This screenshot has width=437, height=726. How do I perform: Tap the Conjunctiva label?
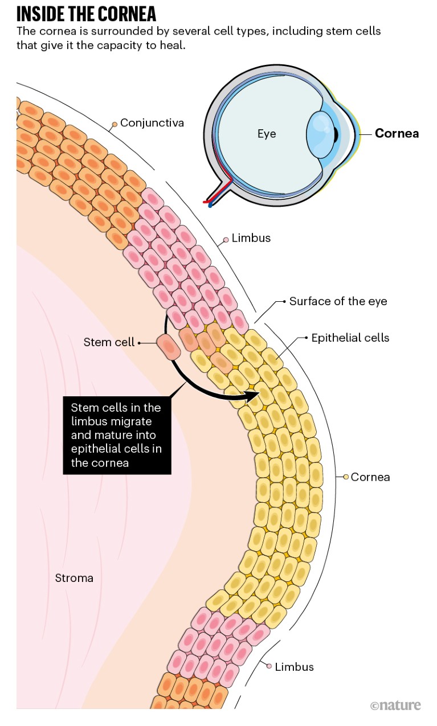(x=152, y=122)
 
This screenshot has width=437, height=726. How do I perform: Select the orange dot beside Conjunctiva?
(x=115, y=124)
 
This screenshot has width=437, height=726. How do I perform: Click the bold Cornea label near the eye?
(x=397, y=133)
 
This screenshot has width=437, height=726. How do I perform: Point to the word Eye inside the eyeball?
(x=266, y=134)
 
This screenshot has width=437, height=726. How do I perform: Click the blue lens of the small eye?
(x=320, y=135)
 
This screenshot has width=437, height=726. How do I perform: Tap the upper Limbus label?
(x=251, y=238)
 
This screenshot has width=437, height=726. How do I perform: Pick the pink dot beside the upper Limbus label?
(x=226, y=240)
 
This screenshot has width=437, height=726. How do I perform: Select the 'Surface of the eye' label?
(x=338, y=301)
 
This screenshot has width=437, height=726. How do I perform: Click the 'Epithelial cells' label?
(x=350, y=338)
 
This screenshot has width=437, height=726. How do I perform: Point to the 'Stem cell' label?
(x=109, y=342)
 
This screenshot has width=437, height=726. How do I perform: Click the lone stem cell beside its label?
(x=168, y=347)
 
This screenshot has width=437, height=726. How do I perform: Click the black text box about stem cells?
(x=117, y=435)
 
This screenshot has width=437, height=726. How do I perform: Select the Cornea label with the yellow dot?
(x=370, y=477)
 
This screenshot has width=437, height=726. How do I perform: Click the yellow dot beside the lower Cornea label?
(x=345, y=477)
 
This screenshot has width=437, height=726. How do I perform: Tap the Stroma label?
(x=74, y=578)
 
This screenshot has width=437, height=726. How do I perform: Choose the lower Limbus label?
(x=294, y=667)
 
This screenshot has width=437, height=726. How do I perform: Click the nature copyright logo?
(x=395, y=706)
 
